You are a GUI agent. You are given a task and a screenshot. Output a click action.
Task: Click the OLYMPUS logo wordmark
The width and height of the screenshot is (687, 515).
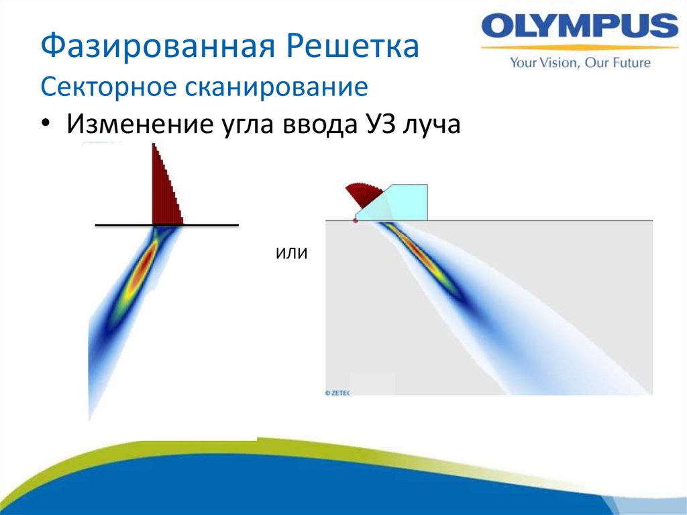point(580,28)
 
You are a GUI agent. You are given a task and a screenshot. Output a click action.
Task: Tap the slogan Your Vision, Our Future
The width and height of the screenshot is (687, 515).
point(580,63)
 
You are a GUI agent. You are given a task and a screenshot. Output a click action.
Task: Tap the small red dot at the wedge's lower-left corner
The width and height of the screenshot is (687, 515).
point(356,220)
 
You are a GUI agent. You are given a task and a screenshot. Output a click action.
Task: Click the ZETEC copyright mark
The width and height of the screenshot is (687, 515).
point(337,393)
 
